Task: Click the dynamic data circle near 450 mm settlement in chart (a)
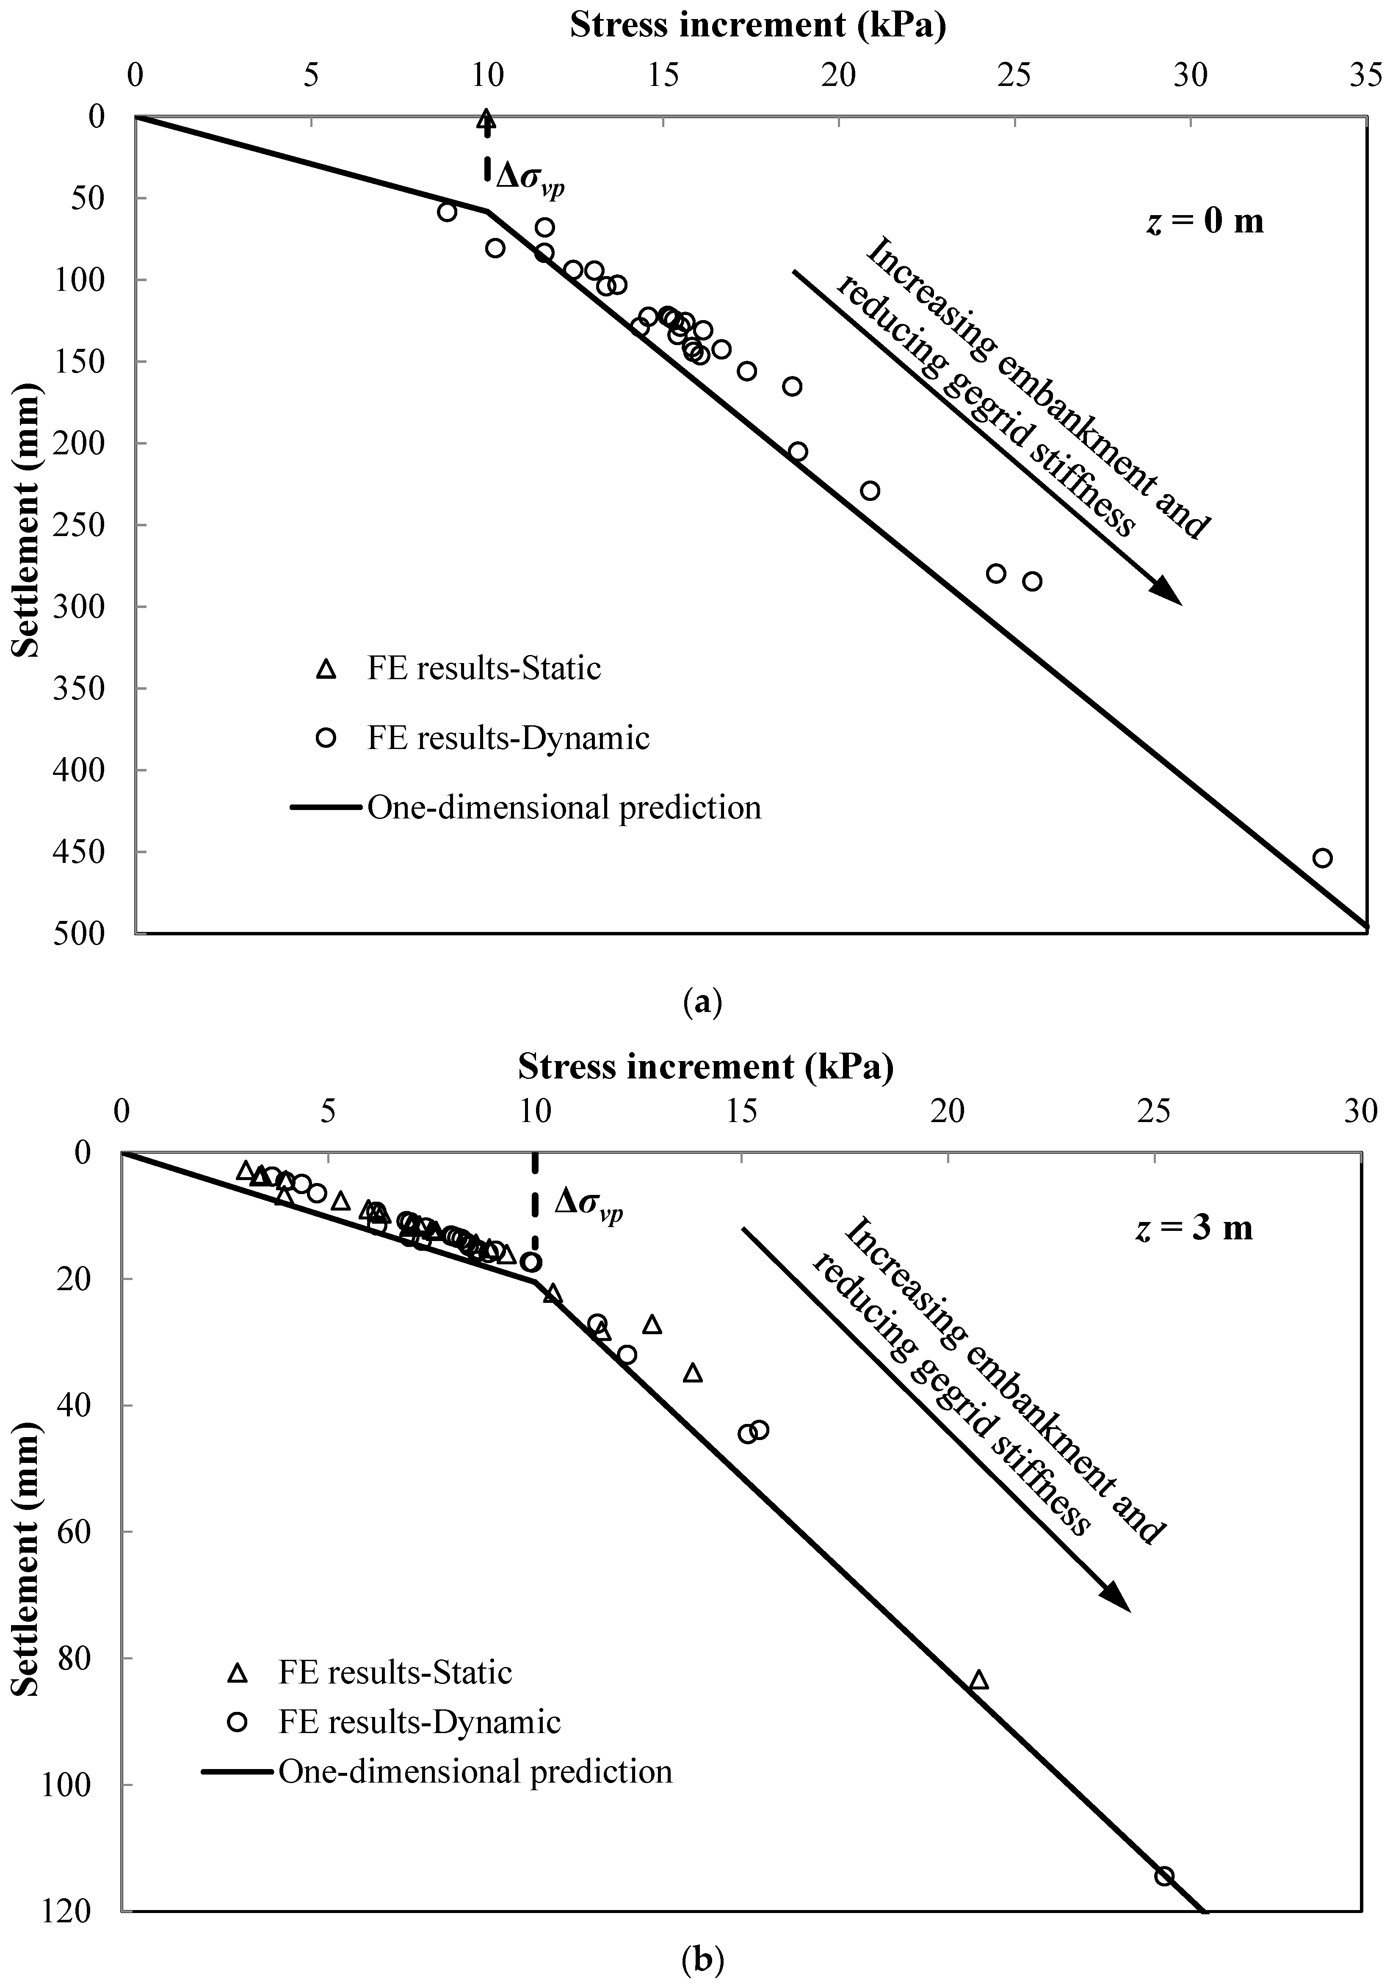pyautogui.click(x=1322, y=857)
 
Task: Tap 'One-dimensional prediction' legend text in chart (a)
pyautogui.click(x=564, y=807)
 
